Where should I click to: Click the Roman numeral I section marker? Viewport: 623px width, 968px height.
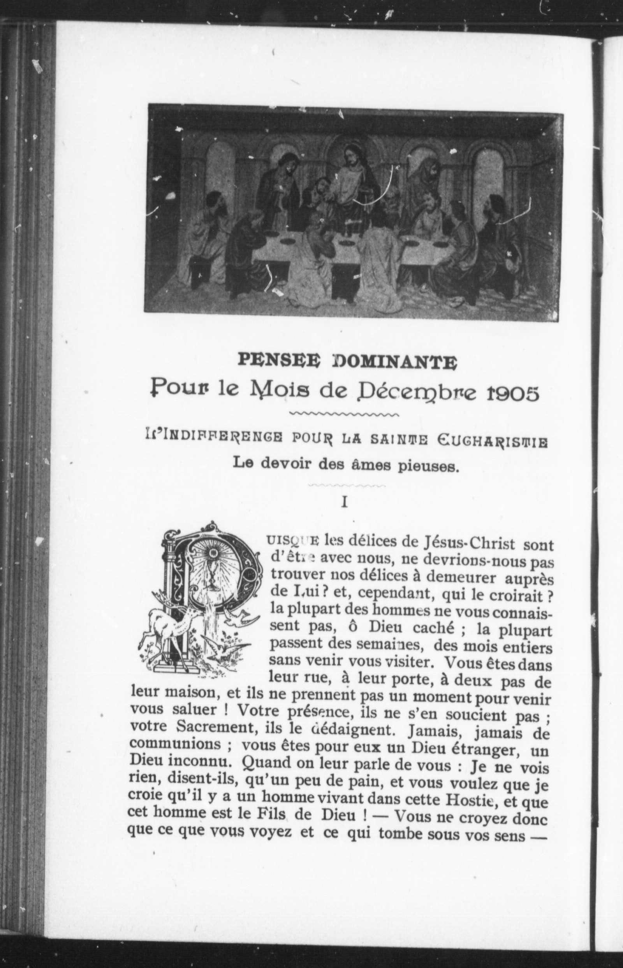[x=345, y=502]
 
